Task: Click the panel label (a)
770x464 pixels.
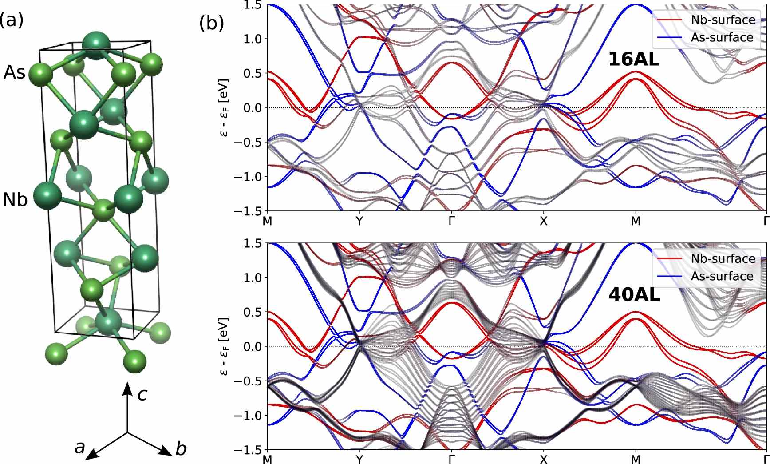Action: tap(12, 20)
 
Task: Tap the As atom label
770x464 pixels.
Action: tap(15, 72)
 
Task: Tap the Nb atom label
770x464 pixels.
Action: tap(15, 200)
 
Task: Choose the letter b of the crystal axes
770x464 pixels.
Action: tap(181, 449)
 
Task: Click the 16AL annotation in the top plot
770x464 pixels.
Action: tap(633, 59)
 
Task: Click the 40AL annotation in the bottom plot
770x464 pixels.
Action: tap(634, 295)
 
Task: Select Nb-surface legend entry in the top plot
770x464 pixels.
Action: tap(723, 20)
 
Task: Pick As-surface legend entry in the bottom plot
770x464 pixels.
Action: tap(722, 276)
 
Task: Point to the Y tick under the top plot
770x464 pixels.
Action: tap(359, 221)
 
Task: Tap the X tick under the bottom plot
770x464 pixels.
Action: tap(544, 459)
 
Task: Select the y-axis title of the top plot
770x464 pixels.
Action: tap(225, 107)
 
